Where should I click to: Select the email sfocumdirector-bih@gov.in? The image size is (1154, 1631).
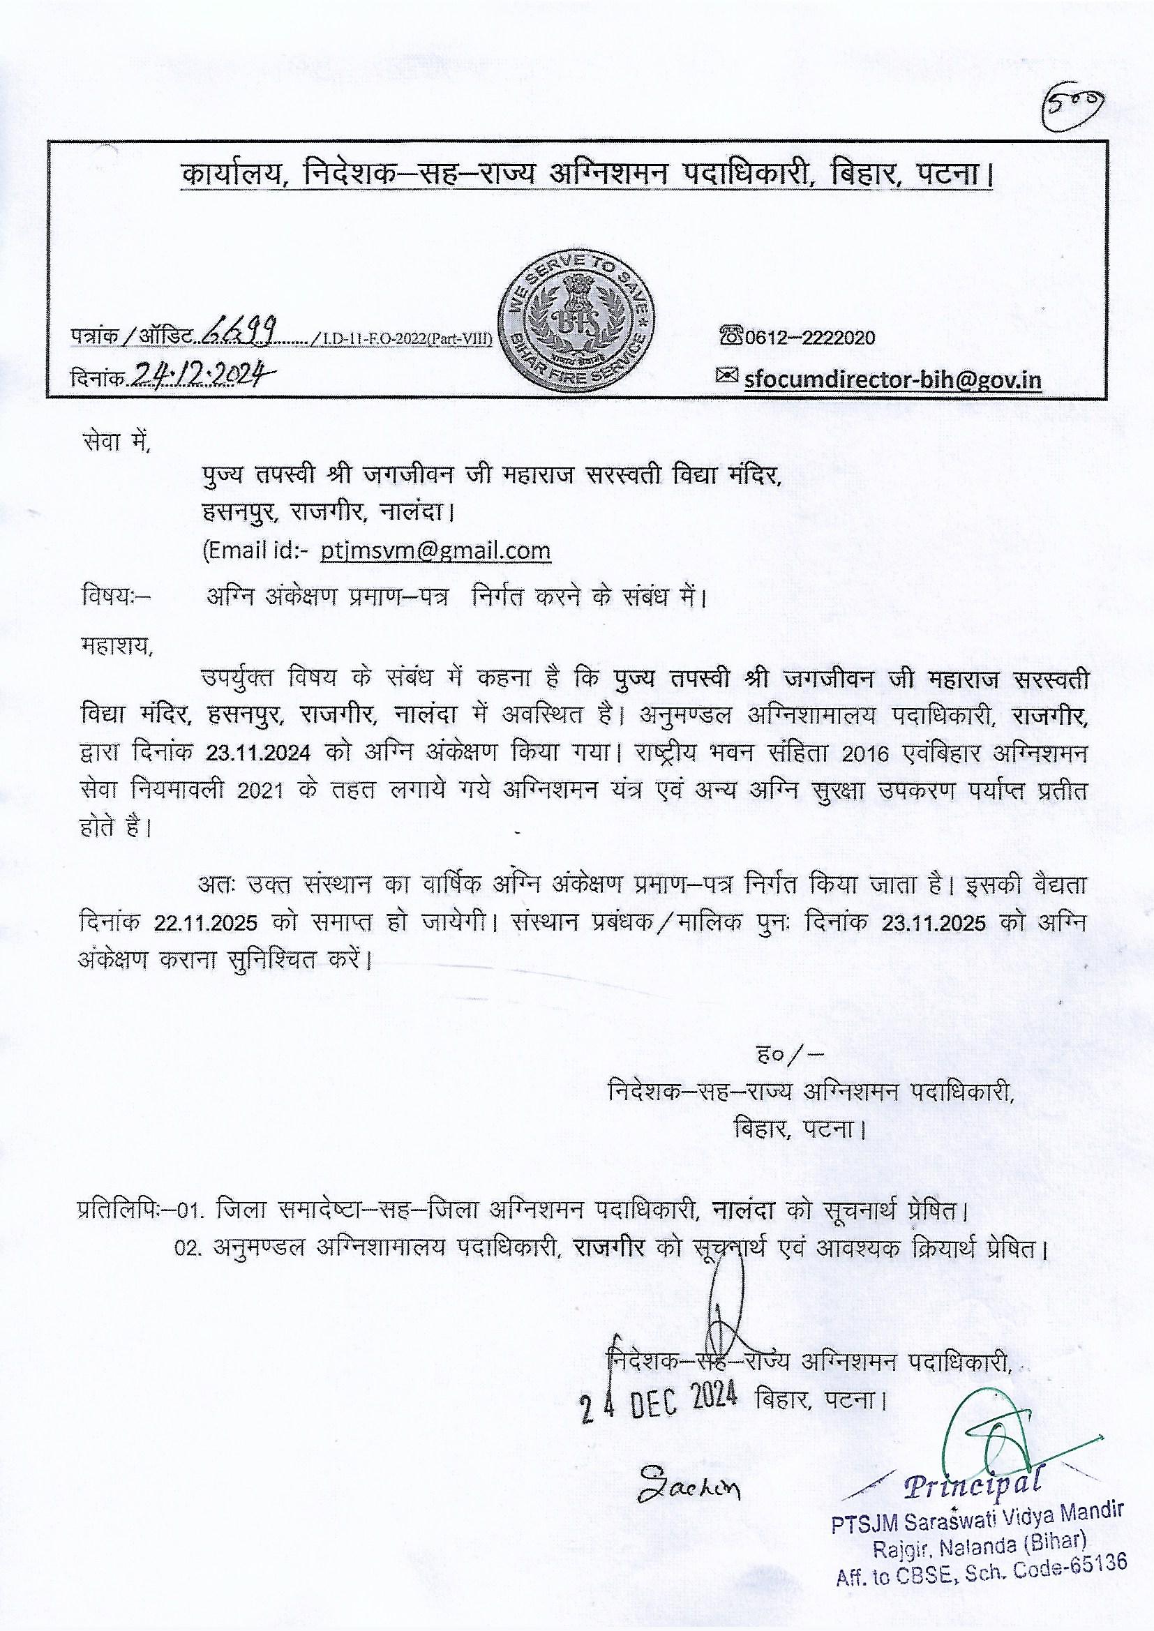pos(892,379)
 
